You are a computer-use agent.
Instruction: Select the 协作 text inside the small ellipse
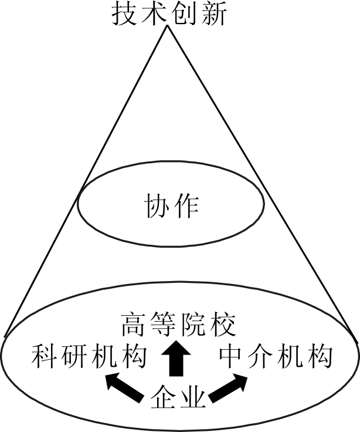[172, 207]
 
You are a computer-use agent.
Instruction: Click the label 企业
[178, 399]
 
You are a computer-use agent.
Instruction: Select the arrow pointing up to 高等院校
[174, 359]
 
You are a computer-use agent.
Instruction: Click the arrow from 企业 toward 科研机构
[124, 390]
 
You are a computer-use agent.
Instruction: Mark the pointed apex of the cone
[168, 27]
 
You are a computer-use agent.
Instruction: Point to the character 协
[157, 207]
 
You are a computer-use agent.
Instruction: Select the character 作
[187, 207]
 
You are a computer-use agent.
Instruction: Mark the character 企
[164, 399]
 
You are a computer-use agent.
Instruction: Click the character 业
[193, 399]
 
